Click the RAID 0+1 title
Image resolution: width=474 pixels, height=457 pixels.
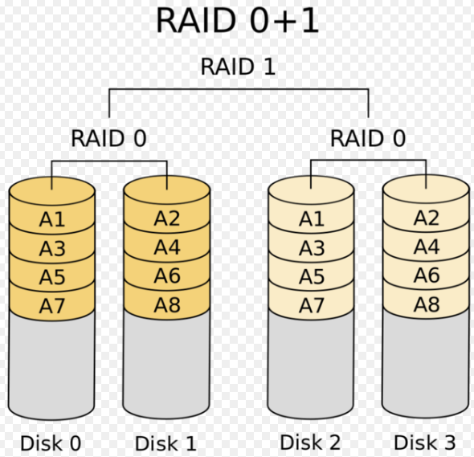(x=238, y=20)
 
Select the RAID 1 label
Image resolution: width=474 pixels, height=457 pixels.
(x=238, y=66)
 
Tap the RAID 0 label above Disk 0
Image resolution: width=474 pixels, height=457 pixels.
(x=108, y=138)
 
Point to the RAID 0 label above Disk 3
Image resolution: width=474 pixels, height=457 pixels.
(x=368, y=138)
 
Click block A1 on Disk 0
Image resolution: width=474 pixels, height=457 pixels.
(x=52, y=218)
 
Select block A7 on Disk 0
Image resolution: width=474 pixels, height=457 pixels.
(x=52, y=305)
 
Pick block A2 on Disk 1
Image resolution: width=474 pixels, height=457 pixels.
(x=167, y=218)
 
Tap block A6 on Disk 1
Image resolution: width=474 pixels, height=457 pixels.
(x=167, y=275)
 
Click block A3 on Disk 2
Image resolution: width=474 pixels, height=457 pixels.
(x=312, y=248)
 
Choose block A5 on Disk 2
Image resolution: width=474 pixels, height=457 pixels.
(x=312, y=276)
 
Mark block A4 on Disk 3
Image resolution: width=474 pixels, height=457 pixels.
(x=427, y=247)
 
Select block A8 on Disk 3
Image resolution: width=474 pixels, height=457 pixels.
(x=427, y=304)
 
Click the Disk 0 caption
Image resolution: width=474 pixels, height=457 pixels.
(x=51, y=443)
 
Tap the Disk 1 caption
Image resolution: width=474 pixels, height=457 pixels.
(x=165, y=443)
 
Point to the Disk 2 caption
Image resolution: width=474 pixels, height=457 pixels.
(x=310, y=443)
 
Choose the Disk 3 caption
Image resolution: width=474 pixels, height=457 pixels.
(x=425, y=443)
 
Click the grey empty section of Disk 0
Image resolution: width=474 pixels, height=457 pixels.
(x=51, y=365)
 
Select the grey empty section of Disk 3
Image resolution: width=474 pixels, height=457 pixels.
(x=426, y=364)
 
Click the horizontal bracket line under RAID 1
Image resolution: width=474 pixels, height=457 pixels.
(x=239, y=89)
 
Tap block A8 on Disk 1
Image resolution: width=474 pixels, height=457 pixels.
(x=167, y=304)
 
